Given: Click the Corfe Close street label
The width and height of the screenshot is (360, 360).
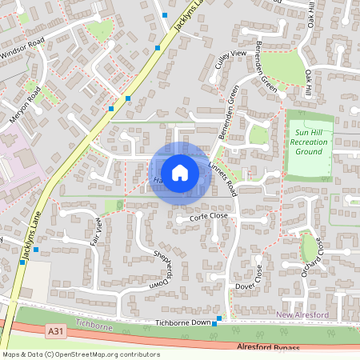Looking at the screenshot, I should coord(208,216).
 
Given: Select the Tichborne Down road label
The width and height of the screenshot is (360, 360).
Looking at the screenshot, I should coord(182,322).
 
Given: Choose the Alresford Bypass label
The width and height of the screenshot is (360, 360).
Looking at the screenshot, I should coord(268,347).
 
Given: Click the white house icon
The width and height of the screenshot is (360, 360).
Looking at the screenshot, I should coord(180,172).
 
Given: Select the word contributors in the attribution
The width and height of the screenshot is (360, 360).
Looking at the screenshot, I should coord(139,354).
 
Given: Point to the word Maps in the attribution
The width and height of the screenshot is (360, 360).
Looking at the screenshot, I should coord(11,354).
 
